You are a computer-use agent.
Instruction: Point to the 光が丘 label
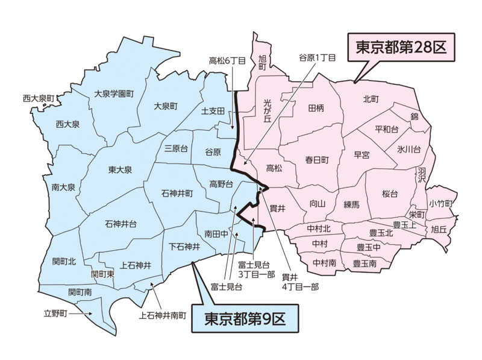[x=268, y=112]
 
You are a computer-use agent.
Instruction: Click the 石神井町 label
[x=177, y=194]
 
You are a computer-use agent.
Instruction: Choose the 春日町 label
[x=316, y=160]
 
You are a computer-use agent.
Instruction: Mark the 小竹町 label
[x=442, y=203]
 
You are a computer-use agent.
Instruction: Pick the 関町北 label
[x=64, y=261]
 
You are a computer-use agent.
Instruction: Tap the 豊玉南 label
[x=365, y=264]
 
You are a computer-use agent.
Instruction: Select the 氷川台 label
[x=408, y=148]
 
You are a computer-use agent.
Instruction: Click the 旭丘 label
[x=438, y=229]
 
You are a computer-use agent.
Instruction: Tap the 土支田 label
[x=213, y=112]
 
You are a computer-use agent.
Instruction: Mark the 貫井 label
[x=277, y=207]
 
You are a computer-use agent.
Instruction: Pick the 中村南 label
[x=325, y=264]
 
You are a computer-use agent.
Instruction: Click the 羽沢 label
[x=421, y=175]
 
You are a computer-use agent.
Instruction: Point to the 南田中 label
[x=216, y=233]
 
